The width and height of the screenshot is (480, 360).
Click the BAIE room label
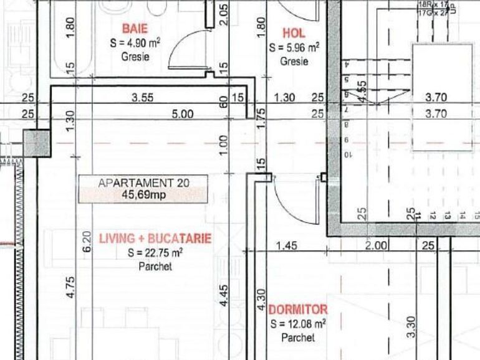[x=135, y=28]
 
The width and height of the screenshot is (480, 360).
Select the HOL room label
[x=294, y=33]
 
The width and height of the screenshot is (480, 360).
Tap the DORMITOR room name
[x=298, y=310]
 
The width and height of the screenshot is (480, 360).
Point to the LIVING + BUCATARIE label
[x=155, y=239]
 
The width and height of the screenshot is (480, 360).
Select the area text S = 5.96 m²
[x=294, y=47]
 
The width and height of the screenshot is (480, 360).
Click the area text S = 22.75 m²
[x=155, y=253]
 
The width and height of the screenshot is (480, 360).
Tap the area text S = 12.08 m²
[x=298, y=324]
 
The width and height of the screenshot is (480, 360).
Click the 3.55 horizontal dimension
[x=143, y=98]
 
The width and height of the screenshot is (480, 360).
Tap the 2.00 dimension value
[x=377, y=246]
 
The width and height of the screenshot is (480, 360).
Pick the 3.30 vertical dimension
[x=410, y=328]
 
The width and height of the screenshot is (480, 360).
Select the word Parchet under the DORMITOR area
[x=298, y=338]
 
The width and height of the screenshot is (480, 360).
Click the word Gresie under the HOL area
[x=294, y=62]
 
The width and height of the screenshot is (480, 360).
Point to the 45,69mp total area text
[x=143, y=194]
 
